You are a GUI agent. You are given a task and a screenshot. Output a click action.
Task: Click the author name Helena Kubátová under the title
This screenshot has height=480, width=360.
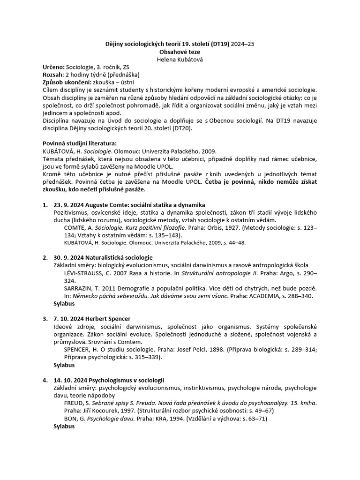(x=180, y=60)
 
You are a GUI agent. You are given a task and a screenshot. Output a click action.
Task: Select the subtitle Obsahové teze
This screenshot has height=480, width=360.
(x=180, y=52)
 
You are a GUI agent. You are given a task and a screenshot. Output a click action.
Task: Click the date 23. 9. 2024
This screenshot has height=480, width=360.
(x=69, y=205)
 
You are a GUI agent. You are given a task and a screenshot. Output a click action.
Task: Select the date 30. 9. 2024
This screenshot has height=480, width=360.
(x=69, y=257)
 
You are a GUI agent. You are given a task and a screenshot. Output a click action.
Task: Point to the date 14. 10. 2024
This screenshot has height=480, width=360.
(x=70, y=380)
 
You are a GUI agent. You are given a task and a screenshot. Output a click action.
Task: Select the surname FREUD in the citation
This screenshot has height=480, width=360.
(x=74, y=402)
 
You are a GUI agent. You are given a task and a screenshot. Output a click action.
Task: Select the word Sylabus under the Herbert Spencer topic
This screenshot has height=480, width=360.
(x=64, y=364)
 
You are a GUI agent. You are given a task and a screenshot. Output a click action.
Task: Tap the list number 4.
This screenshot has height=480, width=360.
(x=45, y=380)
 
